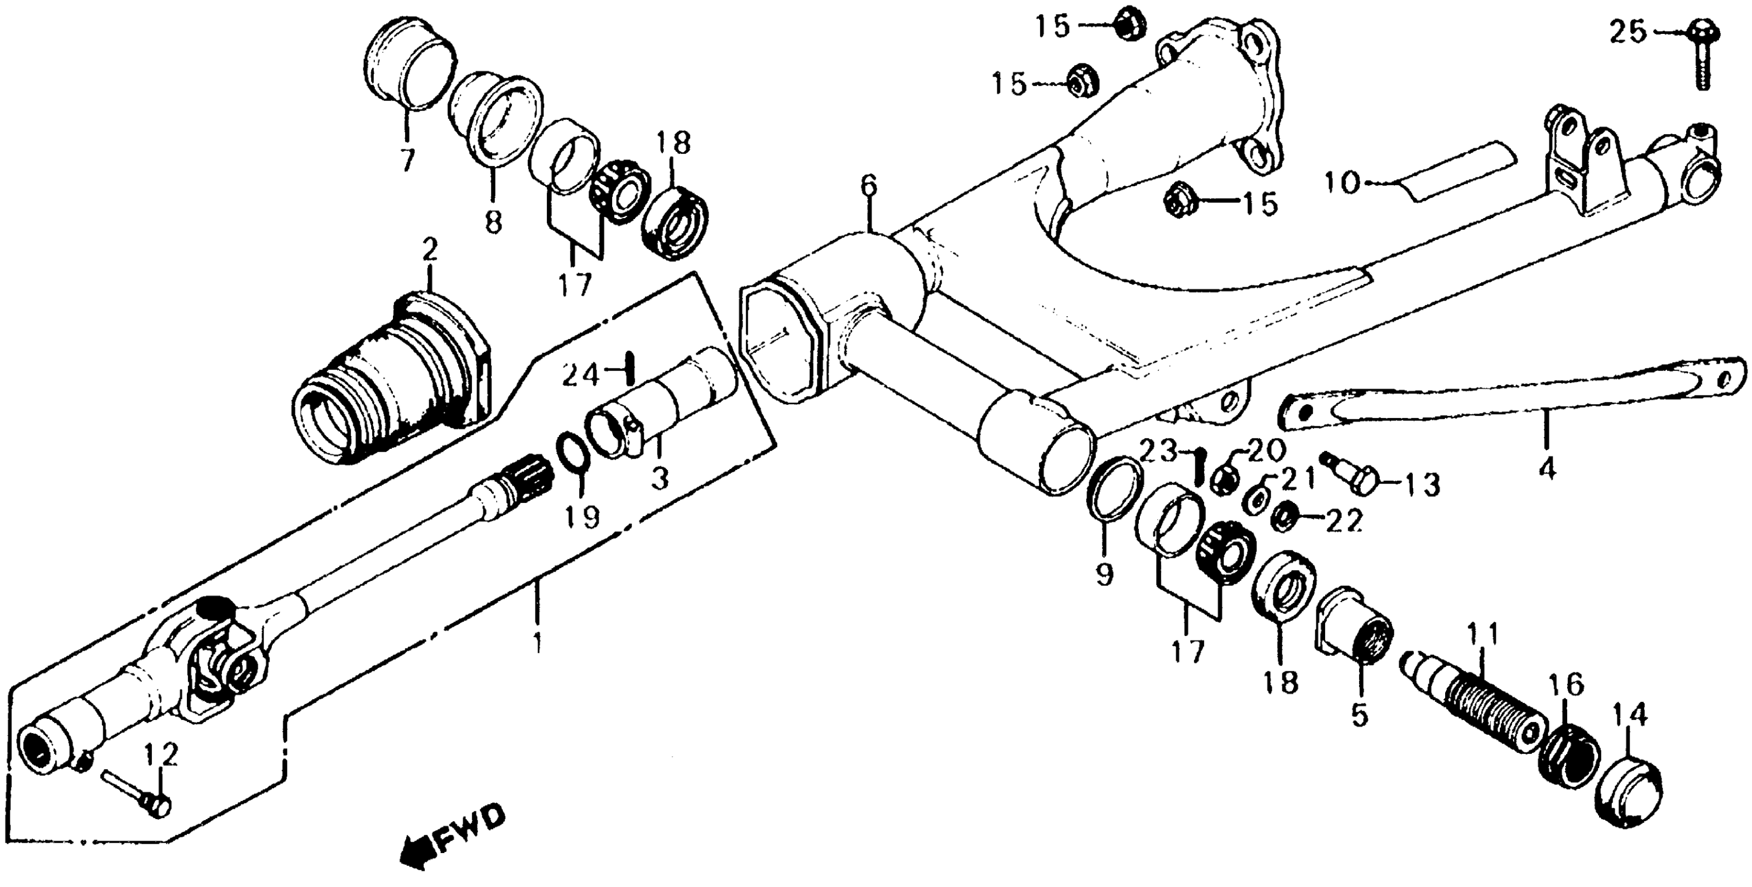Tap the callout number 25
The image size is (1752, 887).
[1628, 32]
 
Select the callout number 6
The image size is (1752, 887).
[868, 185]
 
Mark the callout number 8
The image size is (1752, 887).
[493, 222]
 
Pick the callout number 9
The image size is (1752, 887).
[1104, 576]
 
